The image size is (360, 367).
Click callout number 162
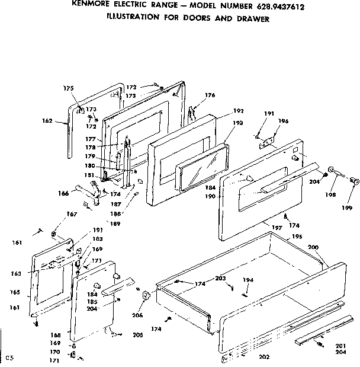click(x=48, y=122)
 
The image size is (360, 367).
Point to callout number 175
click(x=69, y=88)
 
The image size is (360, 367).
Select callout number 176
click(x=210, y=95)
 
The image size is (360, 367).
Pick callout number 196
click(x=283, y=122)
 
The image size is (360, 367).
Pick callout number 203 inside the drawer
click(x=220, y=278)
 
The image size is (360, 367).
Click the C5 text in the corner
click(x=9, y=358)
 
